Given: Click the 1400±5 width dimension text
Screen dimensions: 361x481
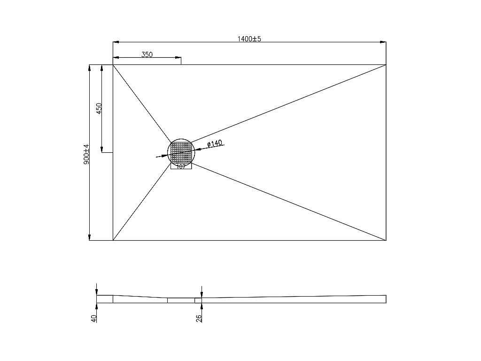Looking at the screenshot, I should (249, 39).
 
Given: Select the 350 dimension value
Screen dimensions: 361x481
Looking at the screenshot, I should (147, 55).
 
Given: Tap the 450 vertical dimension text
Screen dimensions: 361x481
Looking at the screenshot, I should (99, 109).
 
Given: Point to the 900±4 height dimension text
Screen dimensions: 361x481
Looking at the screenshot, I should (86, 154).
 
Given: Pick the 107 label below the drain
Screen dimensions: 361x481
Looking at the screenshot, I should (181, 166).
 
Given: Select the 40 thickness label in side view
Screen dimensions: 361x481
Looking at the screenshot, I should (94, 318).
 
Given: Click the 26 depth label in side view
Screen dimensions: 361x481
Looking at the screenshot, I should (199, 318).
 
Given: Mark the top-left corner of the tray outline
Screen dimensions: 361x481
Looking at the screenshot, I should (113, 65).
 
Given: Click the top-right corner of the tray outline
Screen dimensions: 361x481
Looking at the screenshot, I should (386, 65).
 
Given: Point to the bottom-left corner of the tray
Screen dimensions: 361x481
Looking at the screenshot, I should (113, 240).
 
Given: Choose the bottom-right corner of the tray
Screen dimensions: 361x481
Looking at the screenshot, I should (386, 240).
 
